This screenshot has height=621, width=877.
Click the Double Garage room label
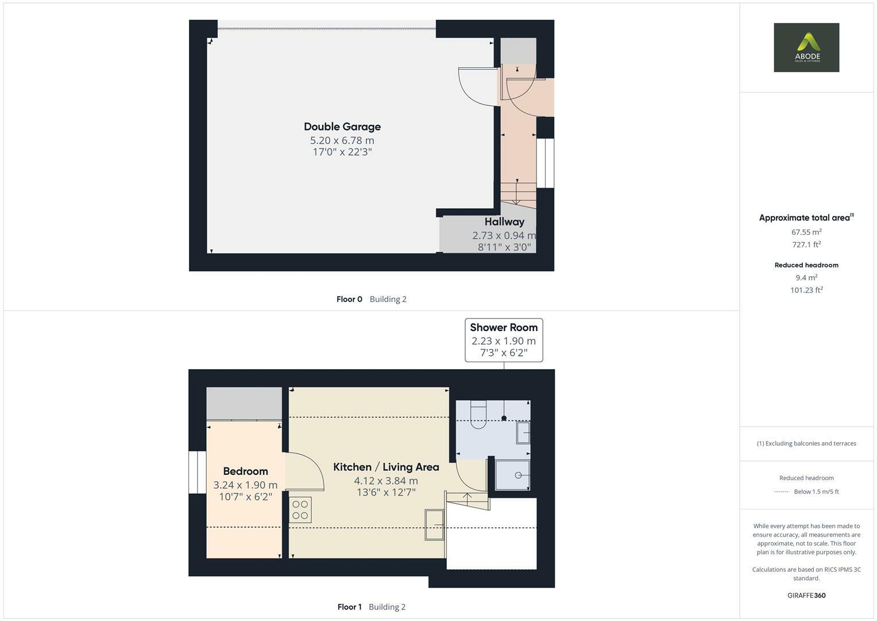click(342, 126)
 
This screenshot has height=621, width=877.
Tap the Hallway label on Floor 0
click(504, 222)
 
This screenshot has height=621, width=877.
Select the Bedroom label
click(245, 471)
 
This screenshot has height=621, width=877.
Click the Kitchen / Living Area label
click(386, 467)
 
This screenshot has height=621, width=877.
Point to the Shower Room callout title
click(504, 328)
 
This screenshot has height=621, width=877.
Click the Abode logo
click(806, 48)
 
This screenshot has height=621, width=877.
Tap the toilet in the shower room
click(478, 415)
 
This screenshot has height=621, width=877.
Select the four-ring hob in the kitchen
click(300, 509)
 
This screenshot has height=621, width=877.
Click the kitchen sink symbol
click(435, 524)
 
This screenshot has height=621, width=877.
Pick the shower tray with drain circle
click(512, 475)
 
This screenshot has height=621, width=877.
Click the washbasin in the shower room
click(523, 433)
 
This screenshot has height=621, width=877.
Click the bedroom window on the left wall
click(197, 472)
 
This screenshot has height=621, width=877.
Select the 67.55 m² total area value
click(806, 232)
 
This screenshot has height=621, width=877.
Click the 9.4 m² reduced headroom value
click(806, 278)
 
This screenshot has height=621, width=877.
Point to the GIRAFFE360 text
click(806, 596)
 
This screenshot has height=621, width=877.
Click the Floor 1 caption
click(349, 607)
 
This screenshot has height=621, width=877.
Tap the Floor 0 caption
click(349, 299)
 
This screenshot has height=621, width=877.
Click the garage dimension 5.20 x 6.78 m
click(342, 140)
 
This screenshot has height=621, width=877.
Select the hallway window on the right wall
click(545, 163)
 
